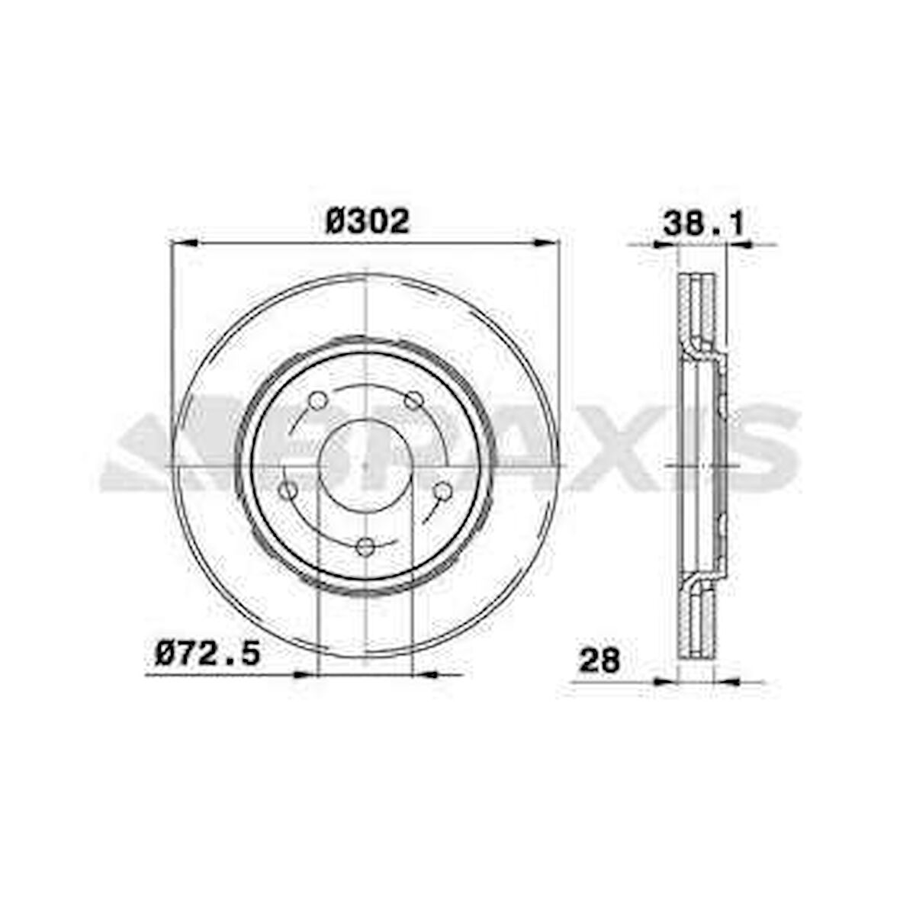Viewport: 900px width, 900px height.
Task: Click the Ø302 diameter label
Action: [368, 222]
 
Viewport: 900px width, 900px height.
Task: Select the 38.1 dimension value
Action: [702, 223]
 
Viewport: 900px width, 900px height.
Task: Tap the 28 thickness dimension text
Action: [599, 660]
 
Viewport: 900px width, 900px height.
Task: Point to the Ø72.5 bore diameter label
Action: [207, 654]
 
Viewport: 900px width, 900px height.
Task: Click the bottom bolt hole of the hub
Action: [367, 546]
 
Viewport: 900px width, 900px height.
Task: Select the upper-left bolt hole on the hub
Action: [318, 400]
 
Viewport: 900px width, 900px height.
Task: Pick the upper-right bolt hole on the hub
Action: [414, 400]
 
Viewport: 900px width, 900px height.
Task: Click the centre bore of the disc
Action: [366, 464]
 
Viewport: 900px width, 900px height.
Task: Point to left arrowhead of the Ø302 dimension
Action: [184, 243]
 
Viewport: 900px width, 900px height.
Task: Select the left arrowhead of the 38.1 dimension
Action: [665, 245]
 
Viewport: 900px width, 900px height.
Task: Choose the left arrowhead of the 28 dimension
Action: [665, 680]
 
